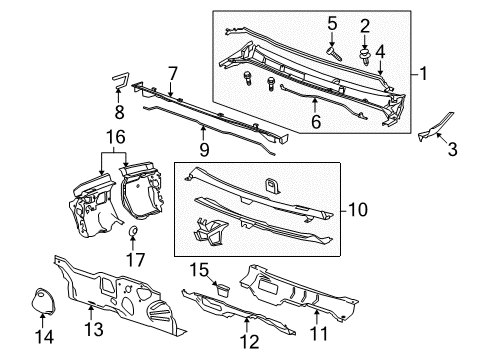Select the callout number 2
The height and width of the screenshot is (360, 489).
coord(365,25)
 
